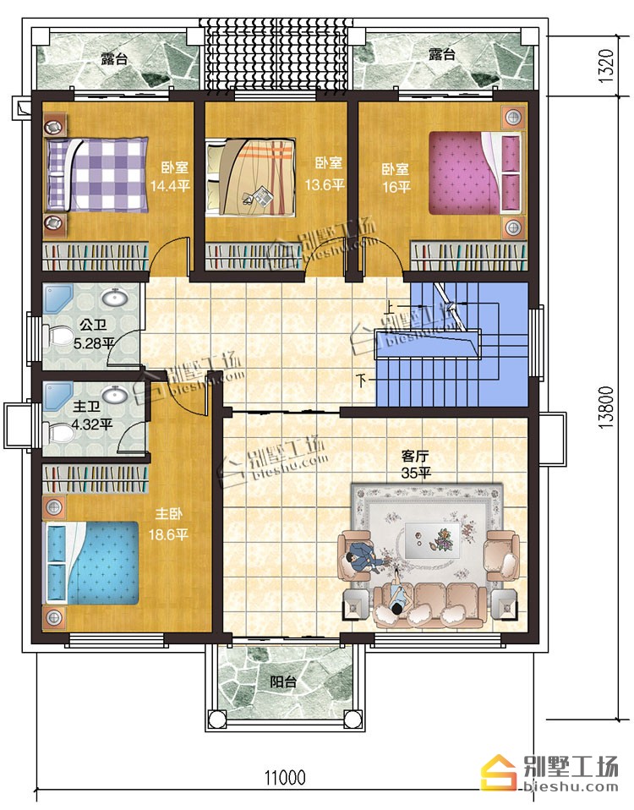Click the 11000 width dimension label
coord(285,777)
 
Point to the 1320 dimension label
coord(607,66)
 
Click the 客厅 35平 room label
coord(416,464)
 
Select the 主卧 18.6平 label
coord(168,524)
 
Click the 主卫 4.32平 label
coord(92,417)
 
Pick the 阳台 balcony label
coord(283,681)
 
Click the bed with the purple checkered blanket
coord(96,174)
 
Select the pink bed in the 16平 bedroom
coord(475,172)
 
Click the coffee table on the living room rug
coord(432,540)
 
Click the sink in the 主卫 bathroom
coord(115,396)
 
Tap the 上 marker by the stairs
coord(390,309)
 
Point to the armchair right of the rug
coord(500,556)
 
